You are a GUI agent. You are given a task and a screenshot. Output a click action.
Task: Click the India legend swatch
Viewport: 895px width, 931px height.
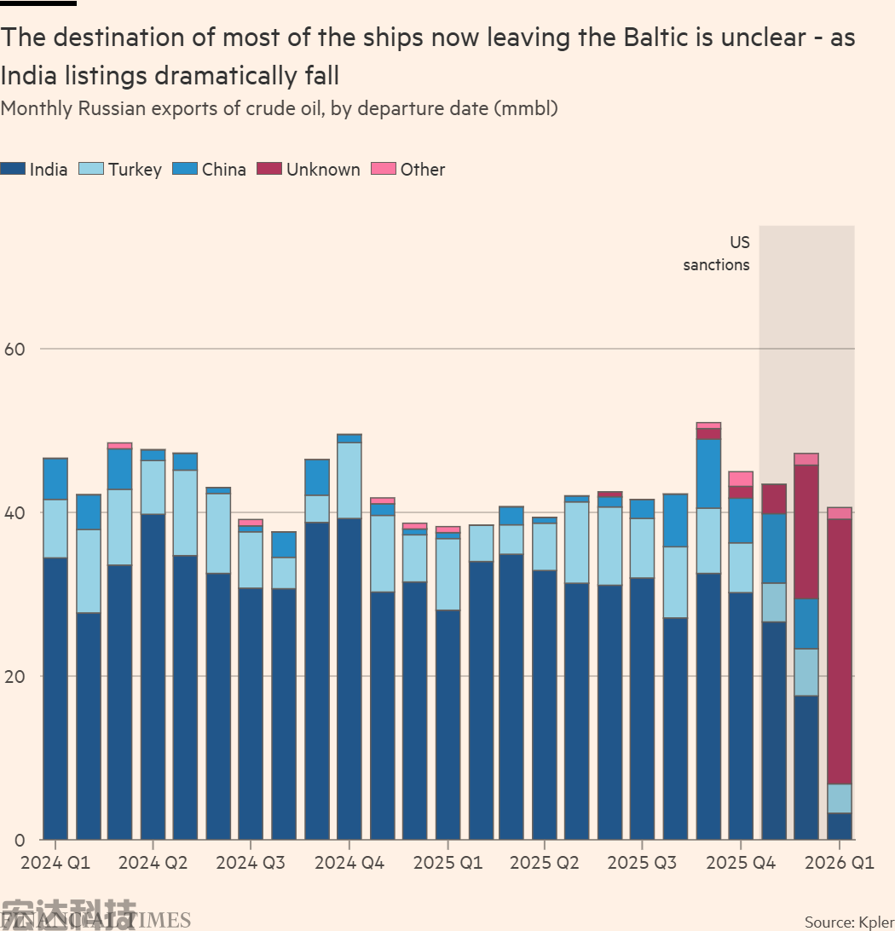coord(13,169)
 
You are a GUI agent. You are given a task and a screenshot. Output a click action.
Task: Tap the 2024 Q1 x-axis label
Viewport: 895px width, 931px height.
coord(55,863)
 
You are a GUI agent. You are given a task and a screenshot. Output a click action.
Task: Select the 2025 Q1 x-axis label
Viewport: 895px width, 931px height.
coord(447,863)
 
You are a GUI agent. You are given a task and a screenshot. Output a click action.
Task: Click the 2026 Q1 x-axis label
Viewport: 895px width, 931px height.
coord(840,863)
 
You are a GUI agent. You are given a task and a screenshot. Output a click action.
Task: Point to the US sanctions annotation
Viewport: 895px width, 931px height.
coord(717,254)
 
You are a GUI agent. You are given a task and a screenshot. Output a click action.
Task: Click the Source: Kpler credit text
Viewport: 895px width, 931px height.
coord(849,922)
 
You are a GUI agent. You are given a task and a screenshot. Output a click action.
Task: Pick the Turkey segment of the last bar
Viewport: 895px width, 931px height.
coord(840,799)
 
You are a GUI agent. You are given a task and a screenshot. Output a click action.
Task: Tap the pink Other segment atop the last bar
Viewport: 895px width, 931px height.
coord(840,513)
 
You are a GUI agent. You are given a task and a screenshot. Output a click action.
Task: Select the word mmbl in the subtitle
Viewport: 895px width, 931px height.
coord(523,108)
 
